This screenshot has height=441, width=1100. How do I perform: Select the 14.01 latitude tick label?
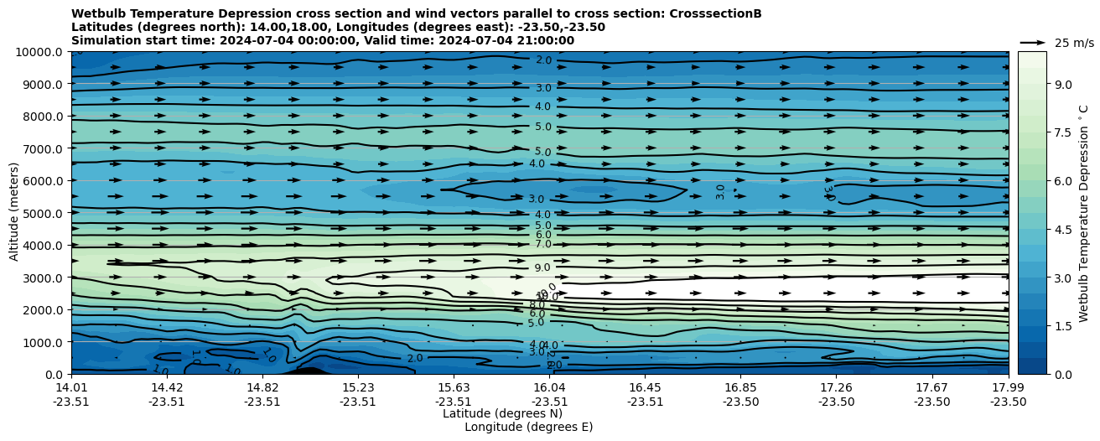pos(71,387)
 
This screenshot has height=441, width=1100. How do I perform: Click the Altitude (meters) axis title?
pos(14,213)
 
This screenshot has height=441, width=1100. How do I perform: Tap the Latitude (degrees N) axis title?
pos(502,413)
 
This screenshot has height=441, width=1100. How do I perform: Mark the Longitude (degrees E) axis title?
pos(528,427)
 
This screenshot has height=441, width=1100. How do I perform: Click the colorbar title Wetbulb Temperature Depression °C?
pos(1084,213)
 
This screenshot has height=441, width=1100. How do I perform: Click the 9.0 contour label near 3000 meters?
pos(542,268)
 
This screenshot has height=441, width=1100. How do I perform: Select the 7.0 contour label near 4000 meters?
pos(542,244)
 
